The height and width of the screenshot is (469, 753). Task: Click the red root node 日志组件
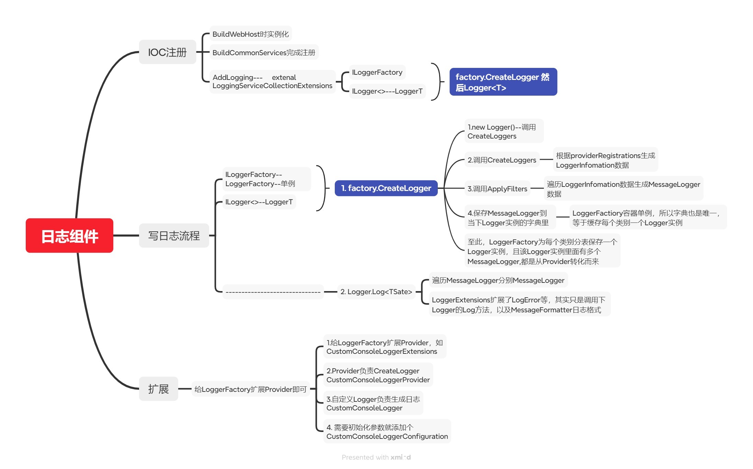point(69,236)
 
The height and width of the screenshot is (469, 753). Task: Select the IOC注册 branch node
point(167,52)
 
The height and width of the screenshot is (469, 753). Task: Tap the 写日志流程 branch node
point(174,236)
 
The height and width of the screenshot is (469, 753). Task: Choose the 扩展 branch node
point(158,389)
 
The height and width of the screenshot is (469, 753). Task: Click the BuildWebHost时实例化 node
point(250,34)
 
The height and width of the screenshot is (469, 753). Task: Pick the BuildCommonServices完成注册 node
point(264,52)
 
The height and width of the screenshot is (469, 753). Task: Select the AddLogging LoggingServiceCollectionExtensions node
point(272,82)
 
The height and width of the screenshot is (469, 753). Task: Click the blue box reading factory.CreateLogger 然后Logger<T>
point(503,82)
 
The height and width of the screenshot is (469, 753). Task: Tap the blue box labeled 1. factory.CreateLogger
point(386,188)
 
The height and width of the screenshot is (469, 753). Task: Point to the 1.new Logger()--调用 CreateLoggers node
point(503,131)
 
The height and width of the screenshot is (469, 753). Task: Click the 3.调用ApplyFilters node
point(497,189)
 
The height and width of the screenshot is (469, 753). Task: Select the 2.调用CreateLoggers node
point(502,160)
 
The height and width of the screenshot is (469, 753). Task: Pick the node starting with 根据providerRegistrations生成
point(605,160)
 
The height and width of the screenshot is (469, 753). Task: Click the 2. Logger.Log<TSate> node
point(376,292)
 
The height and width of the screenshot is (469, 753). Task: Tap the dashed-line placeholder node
point(273,292)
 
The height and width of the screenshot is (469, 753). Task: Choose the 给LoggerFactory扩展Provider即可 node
point(250,389)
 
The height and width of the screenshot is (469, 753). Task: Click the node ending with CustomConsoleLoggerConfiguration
point(387,432)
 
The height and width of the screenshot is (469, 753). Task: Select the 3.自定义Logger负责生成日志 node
point(373,403)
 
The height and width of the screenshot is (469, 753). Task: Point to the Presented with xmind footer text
point(376,457)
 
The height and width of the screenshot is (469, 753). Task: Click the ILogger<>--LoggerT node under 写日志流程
point(259,202)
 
